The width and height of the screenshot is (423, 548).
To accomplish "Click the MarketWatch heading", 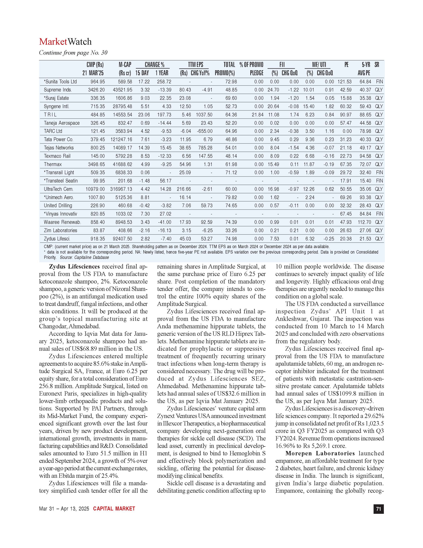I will (65, 42).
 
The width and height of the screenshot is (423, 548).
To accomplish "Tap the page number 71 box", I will (378, 509).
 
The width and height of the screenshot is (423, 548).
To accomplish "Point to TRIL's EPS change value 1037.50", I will (204, 115).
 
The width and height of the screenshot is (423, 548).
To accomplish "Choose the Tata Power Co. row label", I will (59, 139).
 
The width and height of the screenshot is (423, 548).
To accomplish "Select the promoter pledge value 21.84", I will (257, 115).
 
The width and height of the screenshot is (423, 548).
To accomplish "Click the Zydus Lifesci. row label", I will (57, 239).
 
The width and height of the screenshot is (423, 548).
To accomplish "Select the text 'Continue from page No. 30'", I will (73, 53).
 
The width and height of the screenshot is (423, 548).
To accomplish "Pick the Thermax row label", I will (53, 164).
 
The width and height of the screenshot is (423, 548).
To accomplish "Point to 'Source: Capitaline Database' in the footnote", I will (84, 257).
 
